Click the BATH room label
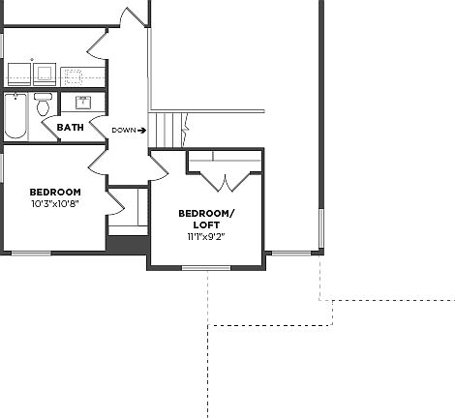pyautogui.click(x=70, y=128)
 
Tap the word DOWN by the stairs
pyautogui.click(x=123, y=130)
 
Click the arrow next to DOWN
pyautogui.click(x=142, y=130)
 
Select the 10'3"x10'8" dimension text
pyautogui.click(x=54, y=204)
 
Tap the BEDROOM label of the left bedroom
pyautogui.click(x=54, y=192)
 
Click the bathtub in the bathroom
pyautogui.click(x=16, y=115)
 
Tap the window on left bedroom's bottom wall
pyautogui.click(x=31, y=254)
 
